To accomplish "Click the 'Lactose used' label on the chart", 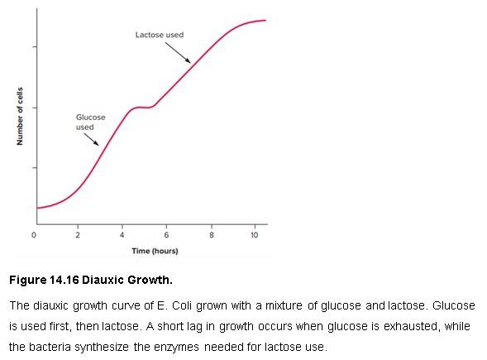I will click(160, 35).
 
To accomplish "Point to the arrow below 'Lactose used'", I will click(177, 51).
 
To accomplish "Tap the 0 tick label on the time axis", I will click(34, 235).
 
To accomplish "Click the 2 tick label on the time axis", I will click(78, 235).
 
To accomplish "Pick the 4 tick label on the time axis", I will click(122, 235).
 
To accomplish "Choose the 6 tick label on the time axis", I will click(166, 235).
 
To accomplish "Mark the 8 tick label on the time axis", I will click(211, 235).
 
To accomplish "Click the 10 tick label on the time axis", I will click(254, 235).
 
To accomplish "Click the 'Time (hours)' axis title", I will click(155, 250).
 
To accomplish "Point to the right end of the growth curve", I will click(265, 20).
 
